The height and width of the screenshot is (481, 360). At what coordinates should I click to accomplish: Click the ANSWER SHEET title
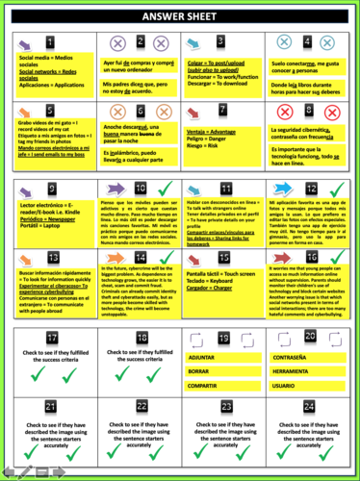coord(180,16)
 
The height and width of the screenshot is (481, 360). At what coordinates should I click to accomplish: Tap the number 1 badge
coord(22,43)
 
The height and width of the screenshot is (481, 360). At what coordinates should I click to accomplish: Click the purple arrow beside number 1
coord(51,43)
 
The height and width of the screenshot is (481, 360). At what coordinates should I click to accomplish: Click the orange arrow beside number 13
coord(51,258)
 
